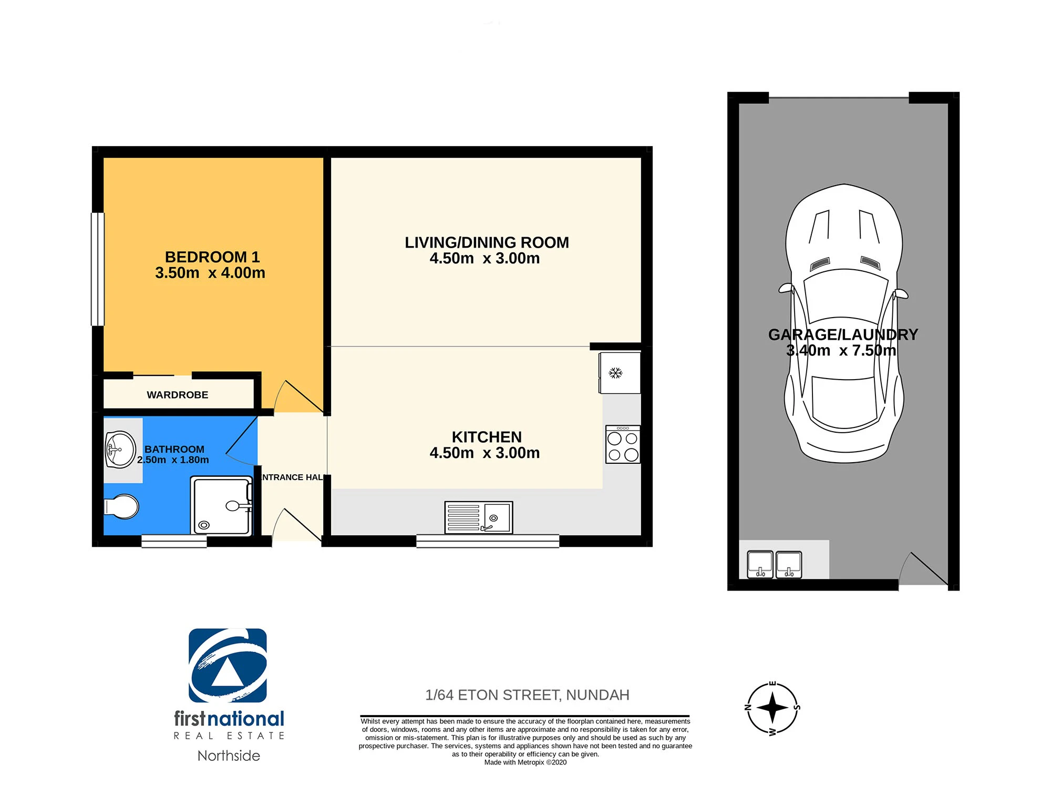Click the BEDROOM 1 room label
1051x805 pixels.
click(212, 257)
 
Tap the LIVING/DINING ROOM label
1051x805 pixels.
click(487, 242)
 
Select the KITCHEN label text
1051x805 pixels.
click(487, 437)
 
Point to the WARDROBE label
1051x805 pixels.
click(178, 395)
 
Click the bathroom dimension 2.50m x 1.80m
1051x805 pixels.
click(173, 460)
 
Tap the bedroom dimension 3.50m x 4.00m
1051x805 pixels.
click(210, 273)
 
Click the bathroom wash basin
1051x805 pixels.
click(120, 450)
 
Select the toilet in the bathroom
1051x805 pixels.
click(121, 507)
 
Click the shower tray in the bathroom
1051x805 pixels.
click(221, 506)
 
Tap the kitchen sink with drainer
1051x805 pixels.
click(478, 517)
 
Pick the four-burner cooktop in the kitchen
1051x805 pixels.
click(623, 444)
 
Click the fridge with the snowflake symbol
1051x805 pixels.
click(620, 373)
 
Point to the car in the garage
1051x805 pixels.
click(844, 323)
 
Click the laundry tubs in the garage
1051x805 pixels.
click(774, 565)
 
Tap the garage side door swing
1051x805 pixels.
click(924, 568)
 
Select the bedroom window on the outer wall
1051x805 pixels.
click(98, 269)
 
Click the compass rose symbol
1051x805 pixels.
click(772, 708)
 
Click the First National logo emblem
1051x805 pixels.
click(228, 666)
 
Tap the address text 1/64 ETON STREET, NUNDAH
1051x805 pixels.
click(527, 695)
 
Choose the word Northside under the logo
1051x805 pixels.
click(229, 756)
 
